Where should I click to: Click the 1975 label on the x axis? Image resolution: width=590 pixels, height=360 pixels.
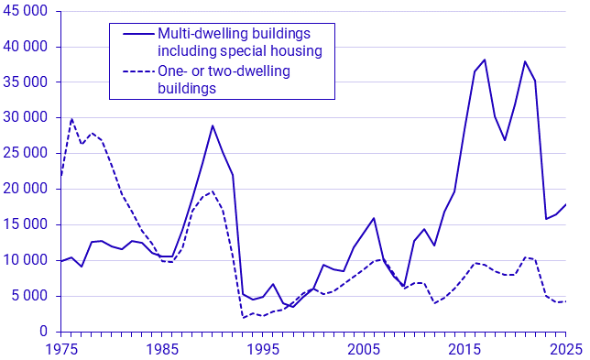tap(61, 349)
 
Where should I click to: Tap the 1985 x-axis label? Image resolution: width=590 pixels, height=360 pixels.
tap(162, 349)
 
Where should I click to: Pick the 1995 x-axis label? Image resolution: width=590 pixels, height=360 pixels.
tap(263, 349)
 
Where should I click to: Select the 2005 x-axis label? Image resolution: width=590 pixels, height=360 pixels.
tap(364, 349)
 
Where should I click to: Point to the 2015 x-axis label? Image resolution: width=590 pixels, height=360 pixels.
tap(464, 349)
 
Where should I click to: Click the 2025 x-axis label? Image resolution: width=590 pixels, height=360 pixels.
tap(564, 349)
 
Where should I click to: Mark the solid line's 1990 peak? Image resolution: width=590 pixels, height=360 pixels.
tap(213, 125)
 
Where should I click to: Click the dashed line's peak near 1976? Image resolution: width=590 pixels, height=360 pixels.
tap(71, 119)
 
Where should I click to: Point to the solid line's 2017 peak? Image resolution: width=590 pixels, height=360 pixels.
tap(484, 60)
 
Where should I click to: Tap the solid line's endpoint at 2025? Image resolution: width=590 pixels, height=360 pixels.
tap(565, 204)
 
